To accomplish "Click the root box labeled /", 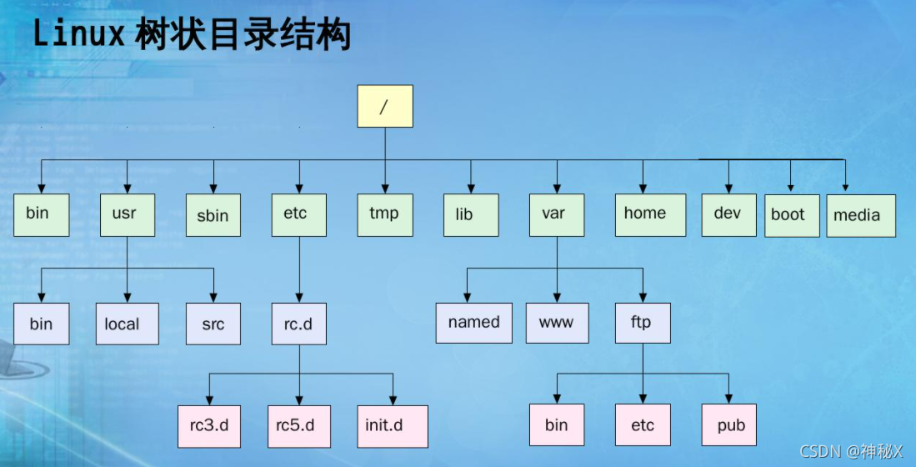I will pyautogui.click(x=384, y=106).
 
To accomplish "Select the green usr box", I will pyautogui.click(x=127, y=214).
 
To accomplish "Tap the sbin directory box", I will pyautogui.click(x=213, y=216).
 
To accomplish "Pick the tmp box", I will pyautogui.click(x=384, y=214).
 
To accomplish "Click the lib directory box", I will pyautogui.click(x=471, y=215).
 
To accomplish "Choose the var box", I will pyautogui.click(x=557, y=214).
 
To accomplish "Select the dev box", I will pyautogui.click(x=728, y=214).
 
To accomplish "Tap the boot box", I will pyautogui.click(x=792, y=215).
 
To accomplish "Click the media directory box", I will pyautogui.click(x=861, y=216).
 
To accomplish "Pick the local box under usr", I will pyautogui.click(x=127, y=324).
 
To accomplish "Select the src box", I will pyautogui.click(x=213, y=324).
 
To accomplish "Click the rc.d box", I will pyautogui.click(x=298, y=324).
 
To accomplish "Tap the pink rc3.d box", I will pyautogui.click(x=208, y=425).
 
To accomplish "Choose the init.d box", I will pyautogui.click(x=392, y=425).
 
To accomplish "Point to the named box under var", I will pyautogui.click(x=474, y=323).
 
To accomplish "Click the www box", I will pyautogui.click(x=557, y=323).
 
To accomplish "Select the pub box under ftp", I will pyautogui.click(x=730, y=425).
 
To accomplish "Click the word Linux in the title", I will pyautogui.click(x=79, y=35).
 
